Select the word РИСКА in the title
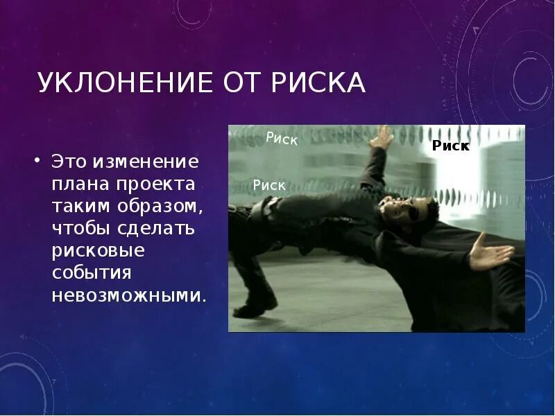coord(318,83)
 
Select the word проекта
coord(160,186)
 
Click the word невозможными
coord(128,295)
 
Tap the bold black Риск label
coord(451,146)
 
